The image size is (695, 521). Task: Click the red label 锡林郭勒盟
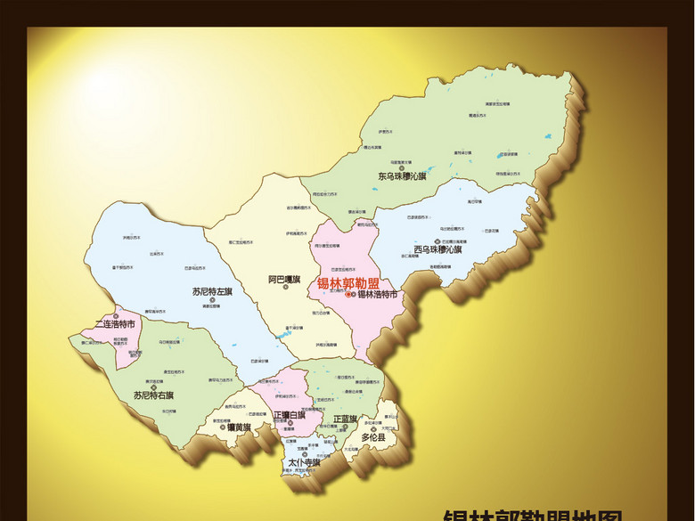[x=348, y=283]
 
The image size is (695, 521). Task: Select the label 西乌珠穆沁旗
[x=437, y=249]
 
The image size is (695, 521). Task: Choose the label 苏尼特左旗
[x=212, y=291]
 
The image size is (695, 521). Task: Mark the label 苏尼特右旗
[x=153, y=395]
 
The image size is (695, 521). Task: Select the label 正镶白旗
[x=290, y=414]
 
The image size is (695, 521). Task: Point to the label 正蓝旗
[x=345, y=418]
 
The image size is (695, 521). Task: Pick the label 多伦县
[x=373, y=438]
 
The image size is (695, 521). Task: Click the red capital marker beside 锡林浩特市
[x=351, y=294]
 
